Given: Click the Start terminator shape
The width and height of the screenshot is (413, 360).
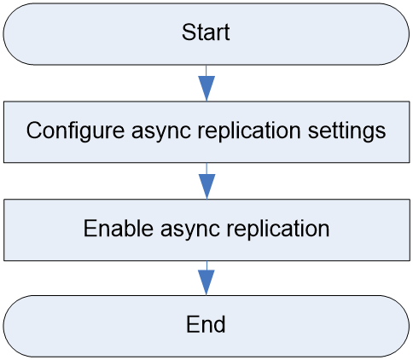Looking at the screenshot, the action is [x=206, y=34].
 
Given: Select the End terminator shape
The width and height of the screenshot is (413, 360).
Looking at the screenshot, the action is [x=206, y=326].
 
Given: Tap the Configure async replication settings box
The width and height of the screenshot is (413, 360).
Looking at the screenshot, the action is [x=206, y=132].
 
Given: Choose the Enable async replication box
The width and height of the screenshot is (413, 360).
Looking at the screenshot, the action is [x=206, y=229].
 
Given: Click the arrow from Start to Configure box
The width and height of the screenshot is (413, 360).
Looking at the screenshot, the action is [x=206, y=83].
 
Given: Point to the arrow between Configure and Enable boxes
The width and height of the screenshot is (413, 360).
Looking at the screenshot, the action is [x=206, y=181].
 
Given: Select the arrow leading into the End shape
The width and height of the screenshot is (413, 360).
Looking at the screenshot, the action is [x=206, y=278].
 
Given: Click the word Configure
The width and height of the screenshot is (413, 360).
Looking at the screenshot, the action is [x=75, y=131].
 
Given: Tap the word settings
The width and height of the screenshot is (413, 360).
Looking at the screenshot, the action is [x=347, y=131].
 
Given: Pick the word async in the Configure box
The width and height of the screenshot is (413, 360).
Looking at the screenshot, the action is [x=161, y=133].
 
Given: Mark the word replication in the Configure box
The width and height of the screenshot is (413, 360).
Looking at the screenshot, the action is [x=249, y=131].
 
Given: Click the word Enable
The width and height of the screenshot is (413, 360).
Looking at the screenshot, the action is [x=119, y=229].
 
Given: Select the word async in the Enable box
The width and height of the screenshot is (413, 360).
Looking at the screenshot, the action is [x=190, y=231].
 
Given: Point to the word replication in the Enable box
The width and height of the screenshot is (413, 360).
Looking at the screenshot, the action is [x=278, y=229].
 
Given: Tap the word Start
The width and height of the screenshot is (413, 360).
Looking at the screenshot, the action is [x=206, y=32].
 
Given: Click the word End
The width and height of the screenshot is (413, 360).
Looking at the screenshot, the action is [x=206, y=324].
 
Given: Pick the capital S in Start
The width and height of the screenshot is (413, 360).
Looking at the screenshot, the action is [x=189, y=32].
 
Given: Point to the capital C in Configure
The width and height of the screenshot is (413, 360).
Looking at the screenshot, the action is [x=35, y=130].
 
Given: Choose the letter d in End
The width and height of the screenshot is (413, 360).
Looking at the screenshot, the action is [x=219, y=324].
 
